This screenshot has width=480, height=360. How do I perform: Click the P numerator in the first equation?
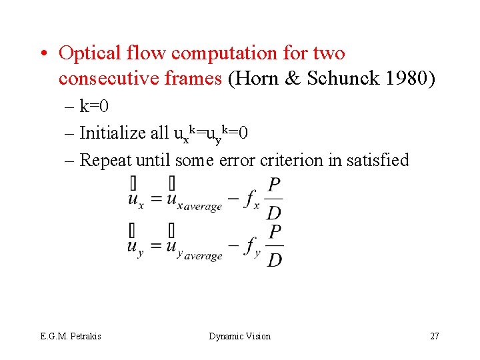273,184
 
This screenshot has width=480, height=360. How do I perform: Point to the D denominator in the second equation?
273,259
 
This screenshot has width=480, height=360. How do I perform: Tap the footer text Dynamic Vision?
240,336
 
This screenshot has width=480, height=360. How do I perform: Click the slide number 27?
434,336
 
